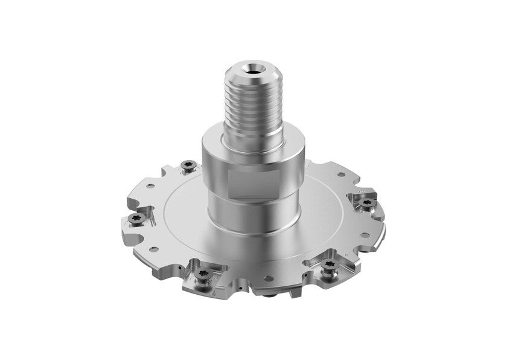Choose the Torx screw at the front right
point(328,266)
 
